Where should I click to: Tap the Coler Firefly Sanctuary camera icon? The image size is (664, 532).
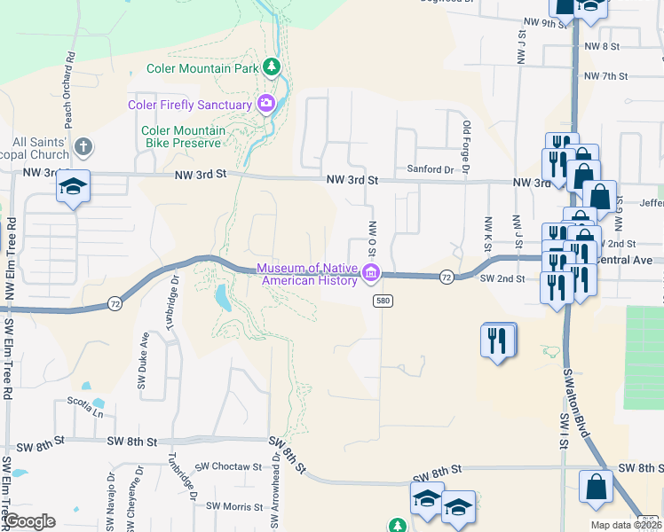pos(265,105)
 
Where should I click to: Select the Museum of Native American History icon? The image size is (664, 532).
pos(370,274)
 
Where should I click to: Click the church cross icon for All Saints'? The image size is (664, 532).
pos(83,146)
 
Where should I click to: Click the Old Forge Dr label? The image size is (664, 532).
pos(465,146)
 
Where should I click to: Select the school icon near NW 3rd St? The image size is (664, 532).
pos(74,187)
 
